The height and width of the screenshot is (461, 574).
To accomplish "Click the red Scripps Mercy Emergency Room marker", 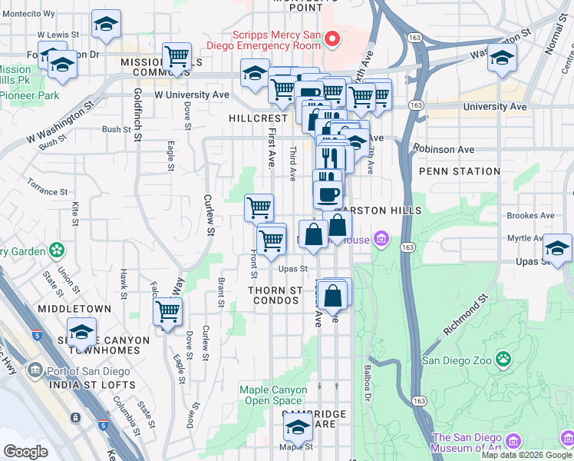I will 332,38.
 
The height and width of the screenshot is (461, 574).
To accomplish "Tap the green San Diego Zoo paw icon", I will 503,359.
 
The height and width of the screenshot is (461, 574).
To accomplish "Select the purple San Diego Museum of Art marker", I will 513,439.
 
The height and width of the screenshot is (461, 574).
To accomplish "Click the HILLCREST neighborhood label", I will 257,118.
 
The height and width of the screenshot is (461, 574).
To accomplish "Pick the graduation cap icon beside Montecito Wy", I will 106,25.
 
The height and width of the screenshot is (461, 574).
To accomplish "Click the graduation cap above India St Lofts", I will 81,332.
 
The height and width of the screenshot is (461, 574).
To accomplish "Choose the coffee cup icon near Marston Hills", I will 328,193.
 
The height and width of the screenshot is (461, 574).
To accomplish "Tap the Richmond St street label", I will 465,315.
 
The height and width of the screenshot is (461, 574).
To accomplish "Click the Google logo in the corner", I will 25,452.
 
